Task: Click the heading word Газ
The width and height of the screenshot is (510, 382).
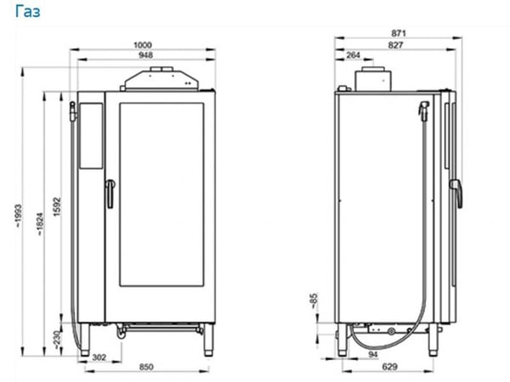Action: pyautogui.click(x=28, y=12)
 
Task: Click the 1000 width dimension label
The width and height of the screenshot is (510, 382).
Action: pyautogui.click(x=143, y=45)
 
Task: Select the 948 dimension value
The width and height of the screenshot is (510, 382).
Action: pyautogui.click(x=145, y=55)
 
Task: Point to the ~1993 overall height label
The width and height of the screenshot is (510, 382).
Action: pyautogui.click(x=18, y=215)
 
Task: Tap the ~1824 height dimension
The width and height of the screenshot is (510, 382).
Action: pyautogui.click(x=40, y=224)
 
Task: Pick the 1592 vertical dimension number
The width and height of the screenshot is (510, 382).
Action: pyautogui.click(x=57, y=206)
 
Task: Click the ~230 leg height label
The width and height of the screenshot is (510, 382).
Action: pyautogui.click(x=57, y=340)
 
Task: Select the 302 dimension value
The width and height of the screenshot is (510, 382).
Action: pyautogui.click(x=99, y=357)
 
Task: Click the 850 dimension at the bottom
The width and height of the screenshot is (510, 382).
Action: pyautogui.click(x=146, y=367)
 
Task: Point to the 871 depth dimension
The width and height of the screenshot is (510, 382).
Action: pyautogui.click(x=399, y=33)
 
